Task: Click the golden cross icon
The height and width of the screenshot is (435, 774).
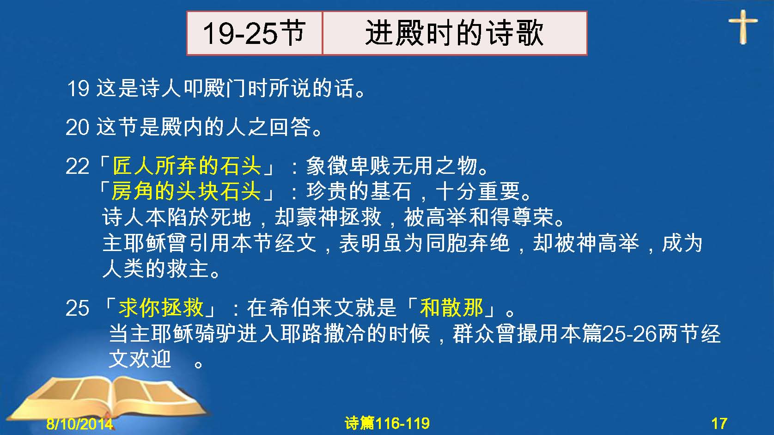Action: [x=743, y=27]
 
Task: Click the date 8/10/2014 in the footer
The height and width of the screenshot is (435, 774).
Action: [x=79, y=423]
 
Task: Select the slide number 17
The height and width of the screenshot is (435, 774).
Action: [x=719, y=423]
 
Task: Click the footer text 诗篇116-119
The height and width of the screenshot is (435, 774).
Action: [x=387, y=423]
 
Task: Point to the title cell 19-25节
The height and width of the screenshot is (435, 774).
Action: [x=254, y=33]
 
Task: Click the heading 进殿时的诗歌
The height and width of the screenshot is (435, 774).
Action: [x=454, y=33]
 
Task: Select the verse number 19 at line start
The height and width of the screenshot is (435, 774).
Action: [x=78, y=88]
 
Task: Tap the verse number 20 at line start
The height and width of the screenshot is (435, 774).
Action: [x=78, y=127]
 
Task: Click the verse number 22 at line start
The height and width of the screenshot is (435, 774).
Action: [x=78, y=166]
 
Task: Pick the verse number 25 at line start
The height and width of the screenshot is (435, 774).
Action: [x=78, y=308]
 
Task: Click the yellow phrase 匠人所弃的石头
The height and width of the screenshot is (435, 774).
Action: [x=187, y=166]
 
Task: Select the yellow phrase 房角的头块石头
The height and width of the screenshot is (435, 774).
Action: [x=186, y=191]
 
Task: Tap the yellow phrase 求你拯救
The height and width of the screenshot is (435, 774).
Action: [x=161, y=307]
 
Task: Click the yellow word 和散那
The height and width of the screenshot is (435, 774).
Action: [x=451, y=307]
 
